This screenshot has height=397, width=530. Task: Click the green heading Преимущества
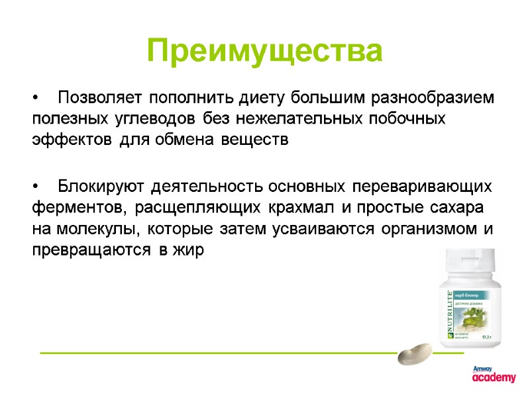[265, 51]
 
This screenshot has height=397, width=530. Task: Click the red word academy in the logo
[494, 378]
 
